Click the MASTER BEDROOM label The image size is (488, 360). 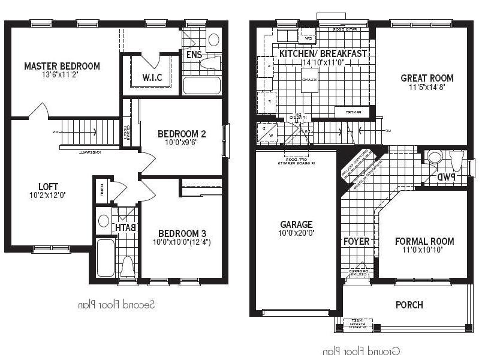[x=62, y=66]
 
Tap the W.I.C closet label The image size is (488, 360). [x=152, y=77]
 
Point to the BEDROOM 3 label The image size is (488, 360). [x=178, y=233]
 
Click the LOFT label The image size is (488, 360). [x=49, y=186]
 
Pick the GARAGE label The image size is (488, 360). [x=296, y=225]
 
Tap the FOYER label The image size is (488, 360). [x=356, y=242]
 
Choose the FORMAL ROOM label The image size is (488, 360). [x=424, y=241]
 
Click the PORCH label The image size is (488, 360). [x=409, y=305]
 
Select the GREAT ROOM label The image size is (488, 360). [x=427, y=78]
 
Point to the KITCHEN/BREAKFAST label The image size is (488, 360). [x=323, y=53]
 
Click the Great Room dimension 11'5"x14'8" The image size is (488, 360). [x=427, y=87]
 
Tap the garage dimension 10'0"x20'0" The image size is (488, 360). [x=296, y=233]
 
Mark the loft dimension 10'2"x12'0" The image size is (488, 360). [x=49, y=195]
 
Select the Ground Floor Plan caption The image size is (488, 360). [x=361, y=351]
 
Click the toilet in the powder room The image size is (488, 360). [x=434, y=158]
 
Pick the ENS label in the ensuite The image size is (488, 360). [x=194, y=55]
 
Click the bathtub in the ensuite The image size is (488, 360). [x=202, y=85]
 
